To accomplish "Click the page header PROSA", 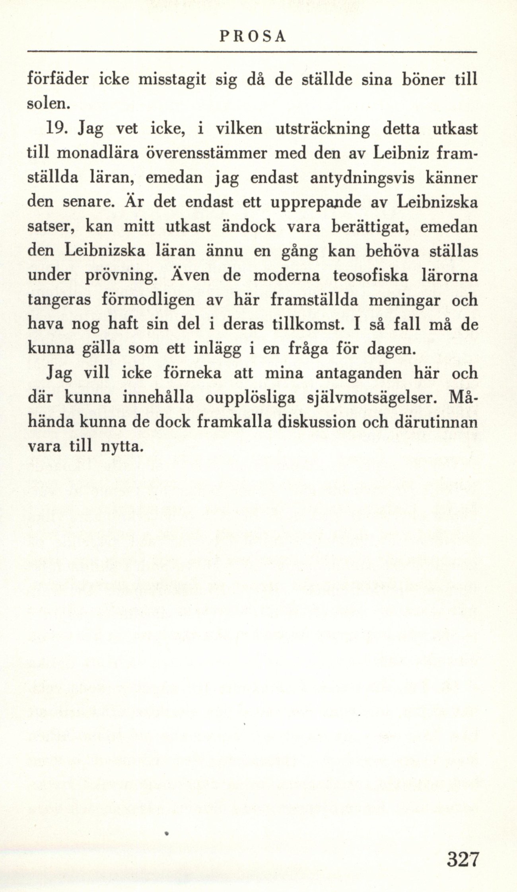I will pos(253,36).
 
